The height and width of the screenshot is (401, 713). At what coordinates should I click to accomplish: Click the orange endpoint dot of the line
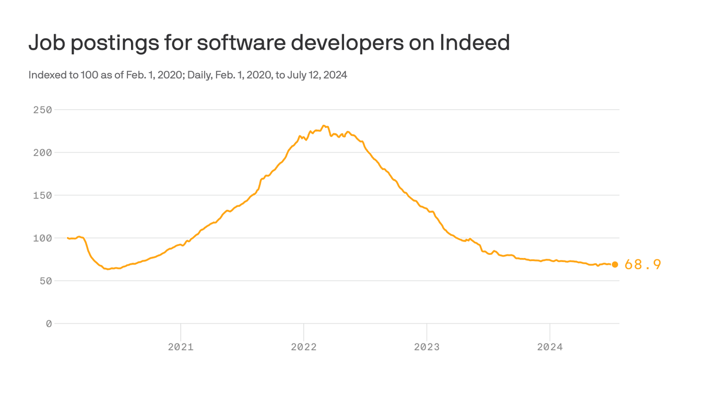tap(615, 265)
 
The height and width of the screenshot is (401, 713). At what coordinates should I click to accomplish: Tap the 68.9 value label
tap(643, 265)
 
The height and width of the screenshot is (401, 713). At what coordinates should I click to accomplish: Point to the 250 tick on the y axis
tap(42, 110)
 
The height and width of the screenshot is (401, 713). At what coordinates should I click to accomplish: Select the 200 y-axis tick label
tap(42, 152)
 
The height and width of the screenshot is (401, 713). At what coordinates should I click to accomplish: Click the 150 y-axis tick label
tap(42, 195)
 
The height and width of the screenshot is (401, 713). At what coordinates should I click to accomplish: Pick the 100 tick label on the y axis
tap(42, 238)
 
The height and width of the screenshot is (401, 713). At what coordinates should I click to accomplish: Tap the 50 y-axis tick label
tap(45, 281)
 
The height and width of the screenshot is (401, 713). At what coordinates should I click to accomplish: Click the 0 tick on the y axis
tap(49, 324)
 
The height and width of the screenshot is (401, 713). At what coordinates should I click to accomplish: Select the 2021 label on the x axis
tap(181, 347)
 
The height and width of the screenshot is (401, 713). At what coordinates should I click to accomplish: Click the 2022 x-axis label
tap(304, 347)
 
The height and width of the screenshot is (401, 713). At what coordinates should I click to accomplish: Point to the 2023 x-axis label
tap(427, 347)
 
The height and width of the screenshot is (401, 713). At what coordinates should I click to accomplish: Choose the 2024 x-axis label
tap(550, 347)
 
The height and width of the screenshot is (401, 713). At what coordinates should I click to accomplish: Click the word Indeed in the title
tap(474, 43)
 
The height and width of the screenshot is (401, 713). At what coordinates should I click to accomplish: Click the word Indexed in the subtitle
tap(45, 75)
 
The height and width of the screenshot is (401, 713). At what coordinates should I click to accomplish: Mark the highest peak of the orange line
tap(324, 126)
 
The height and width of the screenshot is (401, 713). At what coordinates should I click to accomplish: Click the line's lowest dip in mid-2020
tap(108, 269)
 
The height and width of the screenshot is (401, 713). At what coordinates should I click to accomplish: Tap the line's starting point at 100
tap(68, 238)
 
